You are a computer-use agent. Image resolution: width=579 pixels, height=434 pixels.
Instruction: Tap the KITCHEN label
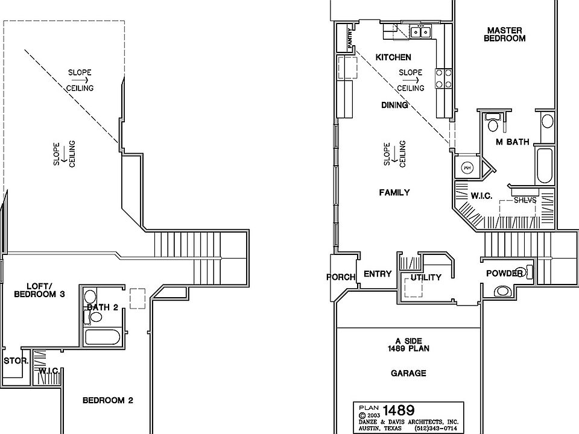[393, 57]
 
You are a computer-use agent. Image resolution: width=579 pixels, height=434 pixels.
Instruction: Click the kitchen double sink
[419, 32]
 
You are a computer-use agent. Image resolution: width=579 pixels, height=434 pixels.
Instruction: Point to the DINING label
[395, 105]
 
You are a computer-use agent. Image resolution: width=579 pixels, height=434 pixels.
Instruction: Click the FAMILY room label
[394, 192]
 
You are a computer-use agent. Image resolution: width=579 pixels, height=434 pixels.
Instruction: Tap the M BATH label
[512, 142]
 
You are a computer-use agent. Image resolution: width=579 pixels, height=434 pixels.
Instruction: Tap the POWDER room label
[504, 274]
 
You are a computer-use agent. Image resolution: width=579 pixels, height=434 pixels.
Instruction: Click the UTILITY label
[426, 277]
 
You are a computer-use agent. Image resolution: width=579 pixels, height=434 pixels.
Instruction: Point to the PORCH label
[341, 278]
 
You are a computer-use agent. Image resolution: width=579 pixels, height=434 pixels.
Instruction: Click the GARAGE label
[408, 373]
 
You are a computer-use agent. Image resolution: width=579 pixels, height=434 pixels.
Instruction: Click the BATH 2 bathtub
[104, 337]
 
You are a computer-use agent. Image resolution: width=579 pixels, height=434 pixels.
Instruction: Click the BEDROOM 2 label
[108, 400]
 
